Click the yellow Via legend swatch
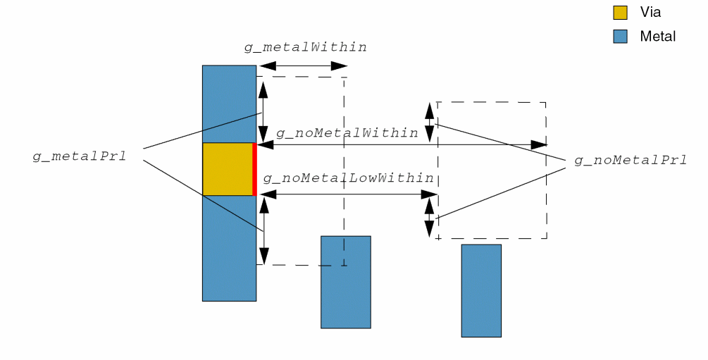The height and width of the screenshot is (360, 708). point(620,13)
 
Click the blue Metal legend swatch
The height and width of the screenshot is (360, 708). point(620,37)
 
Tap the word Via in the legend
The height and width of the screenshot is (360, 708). point(650,13)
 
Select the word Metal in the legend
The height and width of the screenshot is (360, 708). point(657,37)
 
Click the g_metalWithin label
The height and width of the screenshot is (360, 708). point(305,47)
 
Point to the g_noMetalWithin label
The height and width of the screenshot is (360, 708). point(347,132)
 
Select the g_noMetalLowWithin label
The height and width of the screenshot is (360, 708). point(348,178)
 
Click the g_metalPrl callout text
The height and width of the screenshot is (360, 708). point(80,156)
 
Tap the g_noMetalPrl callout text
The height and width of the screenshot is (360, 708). point(631,161)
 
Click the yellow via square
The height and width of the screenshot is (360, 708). point(227,169)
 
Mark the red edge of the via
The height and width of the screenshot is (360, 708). point(254,169)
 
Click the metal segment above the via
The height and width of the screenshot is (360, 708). point(229,104)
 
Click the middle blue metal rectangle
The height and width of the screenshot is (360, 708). point(345,282)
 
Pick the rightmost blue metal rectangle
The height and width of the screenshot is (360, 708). point(481,290)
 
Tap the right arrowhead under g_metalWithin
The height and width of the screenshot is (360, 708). point(339,66)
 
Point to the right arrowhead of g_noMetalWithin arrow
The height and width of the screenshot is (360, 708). point(539,144)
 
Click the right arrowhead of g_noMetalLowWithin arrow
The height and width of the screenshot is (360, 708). point(430,194)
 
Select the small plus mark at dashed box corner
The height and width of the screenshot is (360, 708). point(438,238)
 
